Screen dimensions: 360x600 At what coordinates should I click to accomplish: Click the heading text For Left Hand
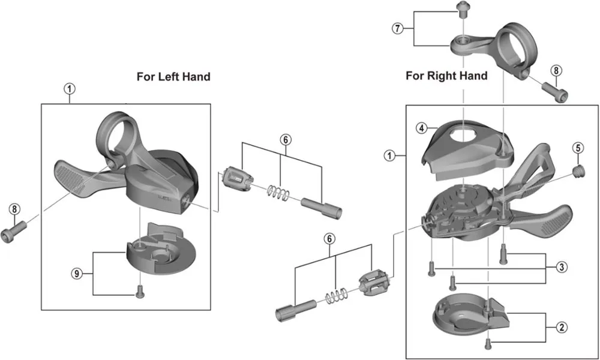[173, 76]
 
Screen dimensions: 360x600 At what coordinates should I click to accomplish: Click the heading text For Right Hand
[446, 76]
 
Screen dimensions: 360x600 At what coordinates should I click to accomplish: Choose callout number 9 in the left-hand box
[76, 273]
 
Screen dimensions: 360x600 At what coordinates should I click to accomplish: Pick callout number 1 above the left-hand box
[70, 88]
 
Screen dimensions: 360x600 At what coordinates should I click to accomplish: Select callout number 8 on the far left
[15, 209]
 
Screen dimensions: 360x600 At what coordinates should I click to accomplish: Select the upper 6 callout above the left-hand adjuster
[285, 139]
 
